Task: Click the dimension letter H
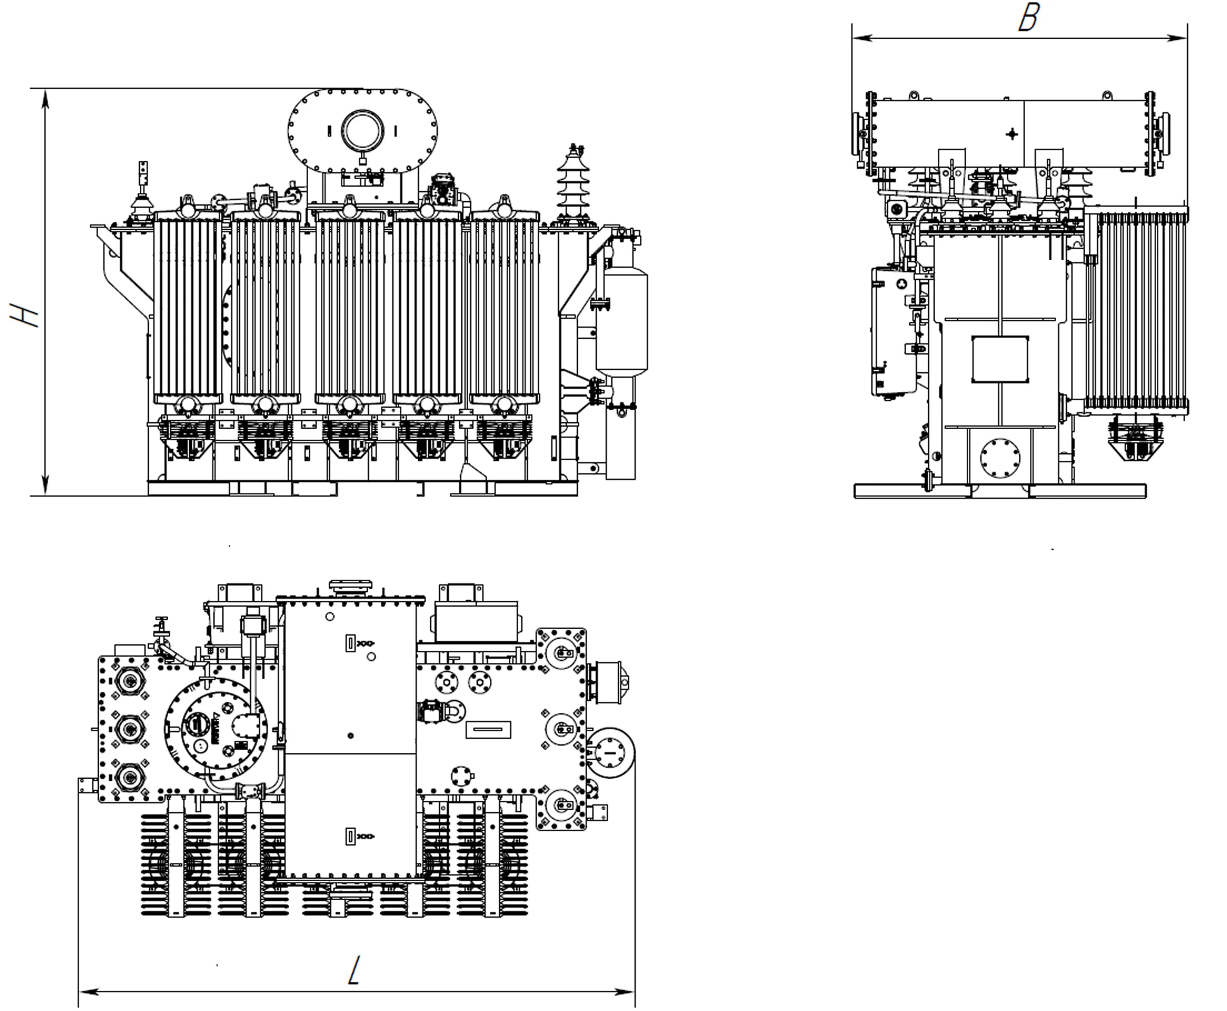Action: click(25, 315)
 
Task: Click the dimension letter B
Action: click(1029, 18)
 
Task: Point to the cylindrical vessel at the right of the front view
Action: click(622, 322)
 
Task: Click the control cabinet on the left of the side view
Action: click(894, 331)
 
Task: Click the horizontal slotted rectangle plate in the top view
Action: click(488, 729)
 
